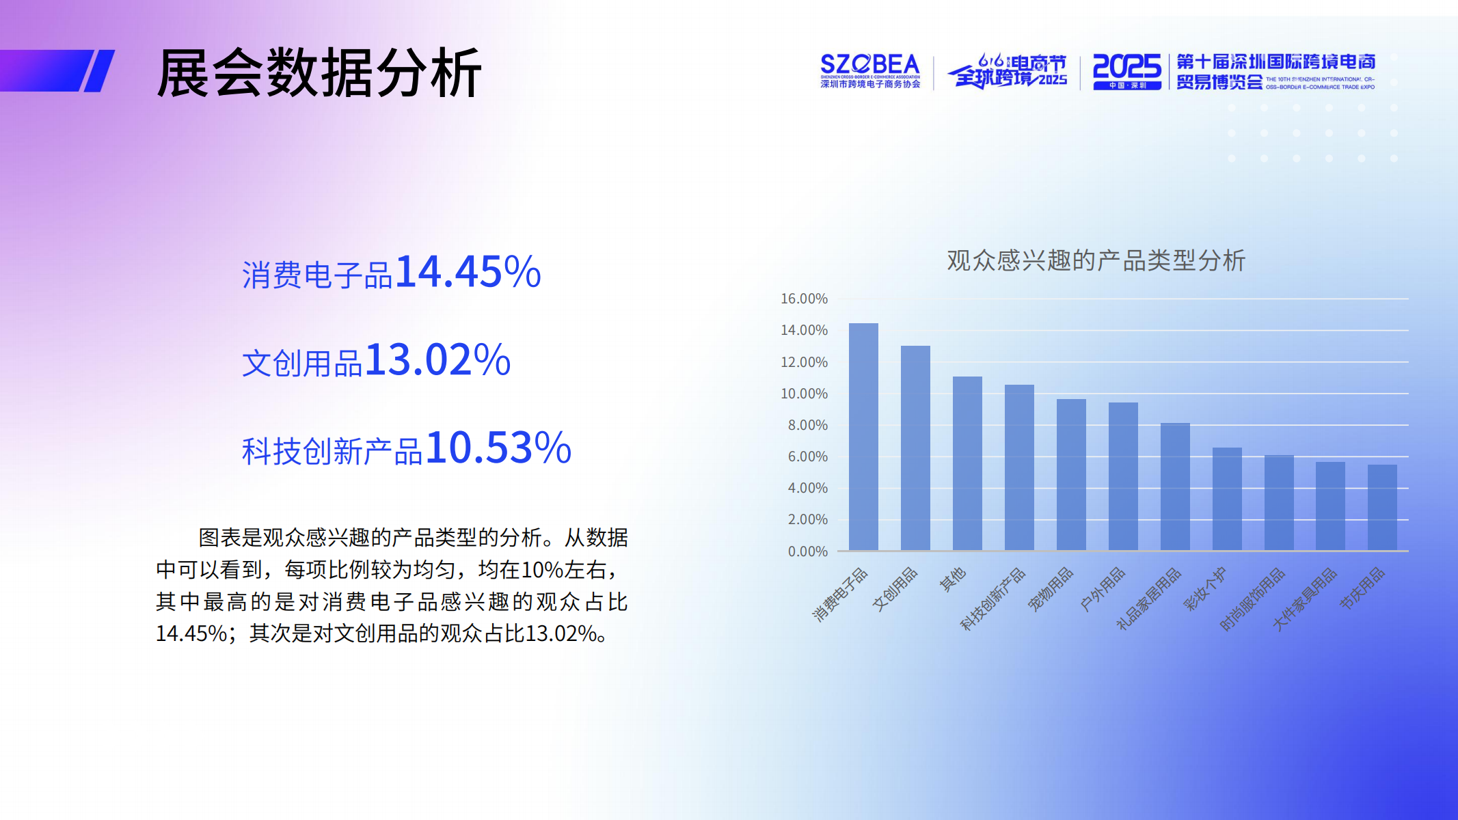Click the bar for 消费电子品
click(x=863, y=437)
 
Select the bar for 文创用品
click(x=915, y=448)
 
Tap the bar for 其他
click(x=967, y=463)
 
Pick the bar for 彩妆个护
click(x=1227, y=499)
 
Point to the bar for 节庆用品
click(x=1382, y=507)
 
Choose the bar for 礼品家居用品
click(x=1175, y=487)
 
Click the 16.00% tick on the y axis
click(x=804, y=299)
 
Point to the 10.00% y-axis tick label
click(x=804, y=394)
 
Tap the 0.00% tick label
click(x=807, y=551)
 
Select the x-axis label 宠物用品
click(x=1051, y=589)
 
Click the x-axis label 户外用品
click(x=1102, y=589)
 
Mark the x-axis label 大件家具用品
click(x=1304, y=599)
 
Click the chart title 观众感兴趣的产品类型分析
click(x=1096, y=260)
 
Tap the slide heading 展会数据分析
click(x=319, y=72)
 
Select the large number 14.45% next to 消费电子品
click(x=468, y=272)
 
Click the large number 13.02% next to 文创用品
click(x=438, y=360)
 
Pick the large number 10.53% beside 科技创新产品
click(x=499, y=448)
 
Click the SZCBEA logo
click(x=870, y=71)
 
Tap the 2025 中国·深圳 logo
click(x=1126, y=71)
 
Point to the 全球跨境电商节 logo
click(x=1008, y=71)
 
